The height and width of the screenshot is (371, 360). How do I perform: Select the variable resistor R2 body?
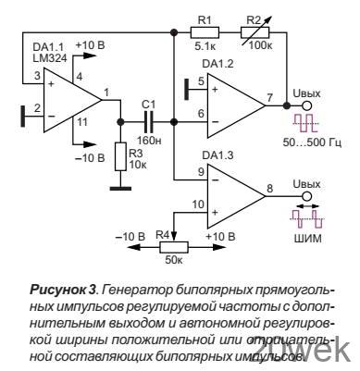pos(262,30)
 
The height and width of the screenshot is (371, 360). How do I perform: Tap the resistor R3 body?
pos(118,155)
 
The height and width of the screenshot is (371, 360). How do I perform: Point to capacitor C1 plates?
pos(149,120)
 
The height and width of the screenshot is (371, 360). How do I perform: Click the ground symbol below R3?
pos(118,188)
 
